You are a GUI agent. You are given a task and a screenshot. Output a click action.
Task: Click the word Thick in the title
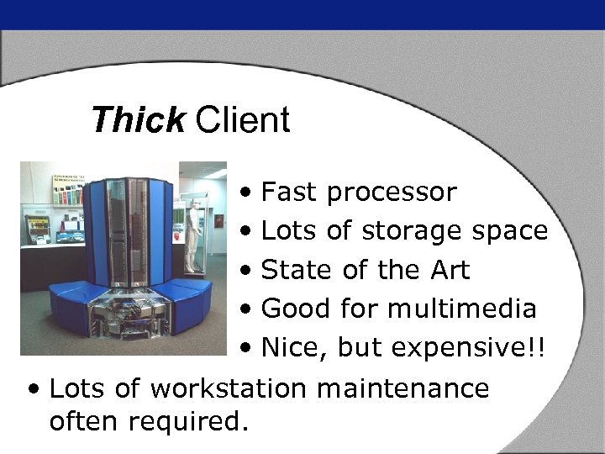pyautogui.click(x=137, y=120)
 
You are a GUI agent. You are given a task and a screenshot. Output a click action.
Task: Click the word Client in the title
pyautogui.click(x=243, y=120)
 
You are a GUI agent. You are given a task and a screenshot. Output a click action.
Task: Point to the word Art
pyautogui.click(x=450, y=270)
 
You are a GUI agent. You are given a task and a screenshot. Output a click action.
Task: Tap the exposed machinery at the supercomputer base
pyautogui.click(x=126, y=315)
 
